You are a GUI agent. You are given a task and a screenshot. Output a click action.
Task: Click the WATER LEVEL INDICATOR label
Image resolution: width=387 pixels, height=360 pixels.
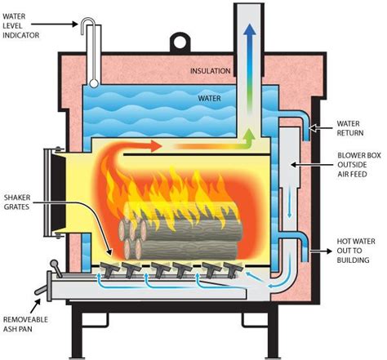23,27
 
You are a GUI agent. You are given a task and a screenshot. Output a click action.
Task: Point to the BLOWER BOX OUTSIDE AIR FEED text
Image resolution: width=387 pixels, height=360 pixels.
358,165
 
